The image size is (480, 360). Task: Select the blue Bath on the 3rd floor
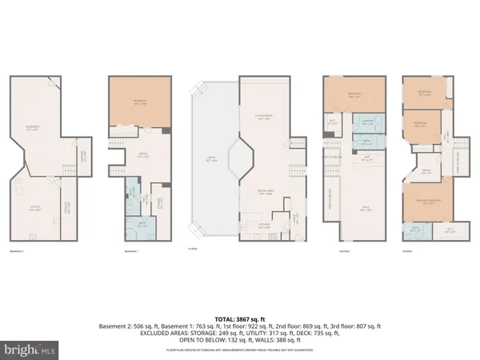(x=415, y=229)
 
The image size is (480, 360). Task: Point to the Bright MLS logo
(x=30, y=349)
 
